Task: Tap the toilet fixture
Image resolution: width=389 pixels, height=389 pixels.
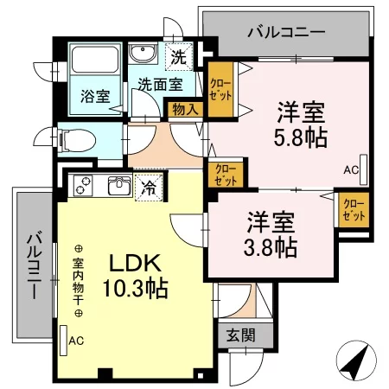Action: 77,140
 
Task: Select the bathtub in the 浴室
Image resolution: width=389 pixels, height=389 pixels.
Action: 95,60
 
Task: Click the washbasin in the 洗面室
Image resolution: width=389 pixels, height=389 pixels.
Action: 143,54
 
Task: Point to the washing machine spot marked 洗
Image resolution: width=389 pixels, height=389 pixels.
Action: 179,56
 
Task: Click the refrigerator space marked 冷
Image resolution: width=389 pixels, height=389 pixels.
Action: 149,188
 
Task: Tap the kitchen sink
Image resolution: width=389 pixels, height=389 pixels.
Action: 119,186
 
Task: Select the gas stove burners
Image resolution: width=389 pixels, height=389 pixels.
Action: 83,185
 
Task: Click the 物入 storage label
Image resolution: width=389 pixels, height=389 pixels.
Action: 186,110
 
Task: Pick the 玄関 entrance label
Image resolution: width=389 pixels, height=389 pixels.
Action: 241,335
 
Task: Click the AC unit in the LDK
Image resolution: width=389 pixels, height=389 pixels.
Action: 63,341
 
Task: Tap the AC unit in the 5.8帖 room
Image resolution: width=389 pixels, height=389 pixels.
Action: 364,169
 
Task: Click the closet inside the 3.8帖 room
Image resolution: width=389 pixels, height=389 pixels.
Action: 354,210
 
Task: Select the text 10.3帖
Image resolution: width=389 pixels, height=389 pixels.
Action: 136,288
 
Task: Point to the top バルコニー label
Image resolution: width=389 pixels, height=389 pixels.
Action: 287,32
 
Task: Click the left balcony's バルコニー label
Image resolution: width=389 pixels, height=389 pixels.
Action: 34,265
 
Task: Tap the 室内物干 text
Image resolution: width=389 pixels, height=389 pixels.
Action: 78,281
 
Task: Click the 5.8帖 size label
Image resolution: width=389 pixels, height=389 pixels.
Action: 300,137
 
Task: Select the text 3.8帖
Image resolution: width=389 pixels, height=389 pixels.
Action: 271,247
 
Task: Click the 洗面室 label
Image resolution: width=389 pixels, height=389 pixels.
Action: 160,84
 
